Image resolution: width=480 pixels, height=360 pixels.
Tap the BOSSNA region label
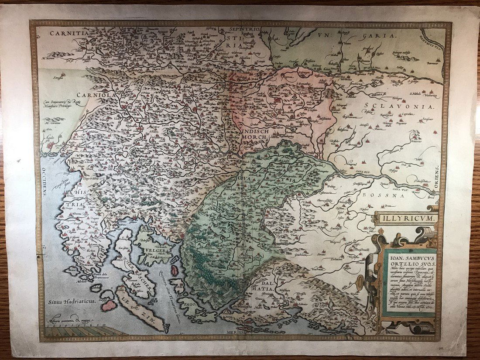coord(383,197)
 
